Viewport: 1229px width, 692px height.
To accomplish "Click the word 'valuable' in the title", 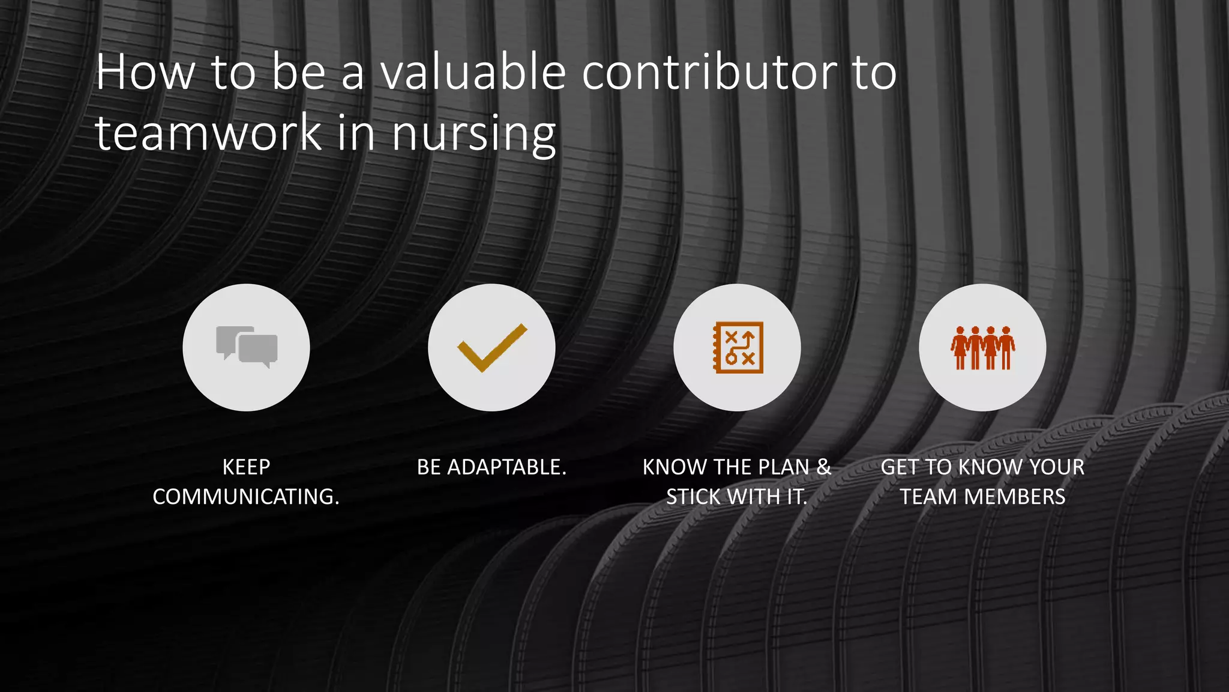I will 473,72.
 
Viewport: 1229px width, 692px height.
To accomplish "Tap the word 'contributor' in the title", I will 710,72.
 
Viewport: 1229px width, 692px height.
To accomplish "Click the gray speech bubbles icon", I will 247,347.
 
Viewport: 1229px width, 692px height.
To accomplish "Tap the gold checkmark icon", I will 492,347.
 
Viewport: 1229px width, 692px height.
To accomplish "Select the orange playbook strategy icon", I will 738,347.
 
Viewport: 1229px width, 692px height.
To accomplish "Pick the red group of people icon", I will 982,347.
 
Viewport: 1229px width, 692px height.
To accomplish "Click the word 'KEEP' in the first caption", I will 246,467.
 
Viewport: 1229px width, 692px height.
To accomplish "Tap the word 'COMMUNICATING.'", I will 246,497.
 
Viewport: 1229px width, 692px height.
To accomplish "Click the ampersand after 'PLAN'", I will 823,467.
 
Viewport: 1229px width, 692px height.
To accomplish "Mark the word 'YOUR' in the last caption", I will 1057,467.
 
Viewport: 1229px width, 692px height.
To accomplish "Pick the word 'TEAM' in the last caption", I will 928,497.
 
